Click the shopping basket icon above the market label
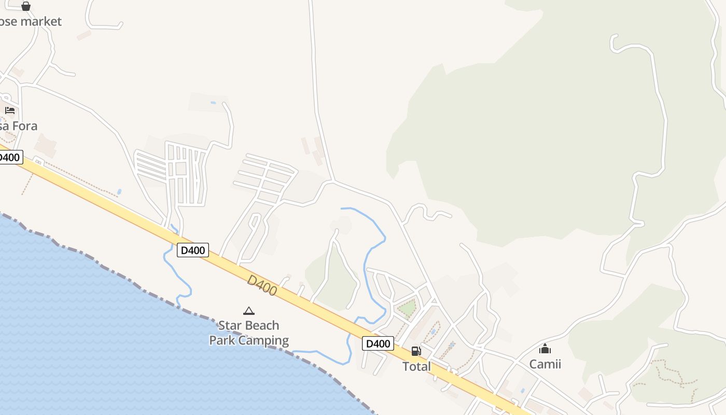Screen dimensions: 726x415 coord(26,6)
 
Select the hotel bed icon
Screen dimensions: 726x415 coord(10,110)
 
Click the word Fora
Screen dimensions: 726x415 coord(25,126)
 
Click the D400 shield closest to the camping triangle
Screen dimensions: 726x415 coord(192,250)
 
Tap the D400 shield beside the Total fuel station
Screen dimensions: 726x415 coord(378,343)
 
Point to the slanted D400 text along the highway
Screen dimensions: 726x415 coord(262,285)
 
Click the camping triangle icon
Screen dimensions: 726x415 coord(249,311)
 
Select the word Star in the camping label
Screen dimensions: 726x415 coord(229,326)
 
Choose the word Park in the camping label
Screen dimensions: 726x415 coord(222,341)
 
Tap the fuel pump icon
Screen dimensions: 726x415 coord(416,351)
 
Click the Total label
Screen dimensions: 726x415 coord(416,367)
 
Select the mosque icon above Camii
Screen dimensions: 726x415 coord(545,349)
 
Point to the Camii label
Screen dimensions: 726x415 coord(545,364)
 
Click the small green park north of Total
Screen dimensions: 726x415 coord(407,308)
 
